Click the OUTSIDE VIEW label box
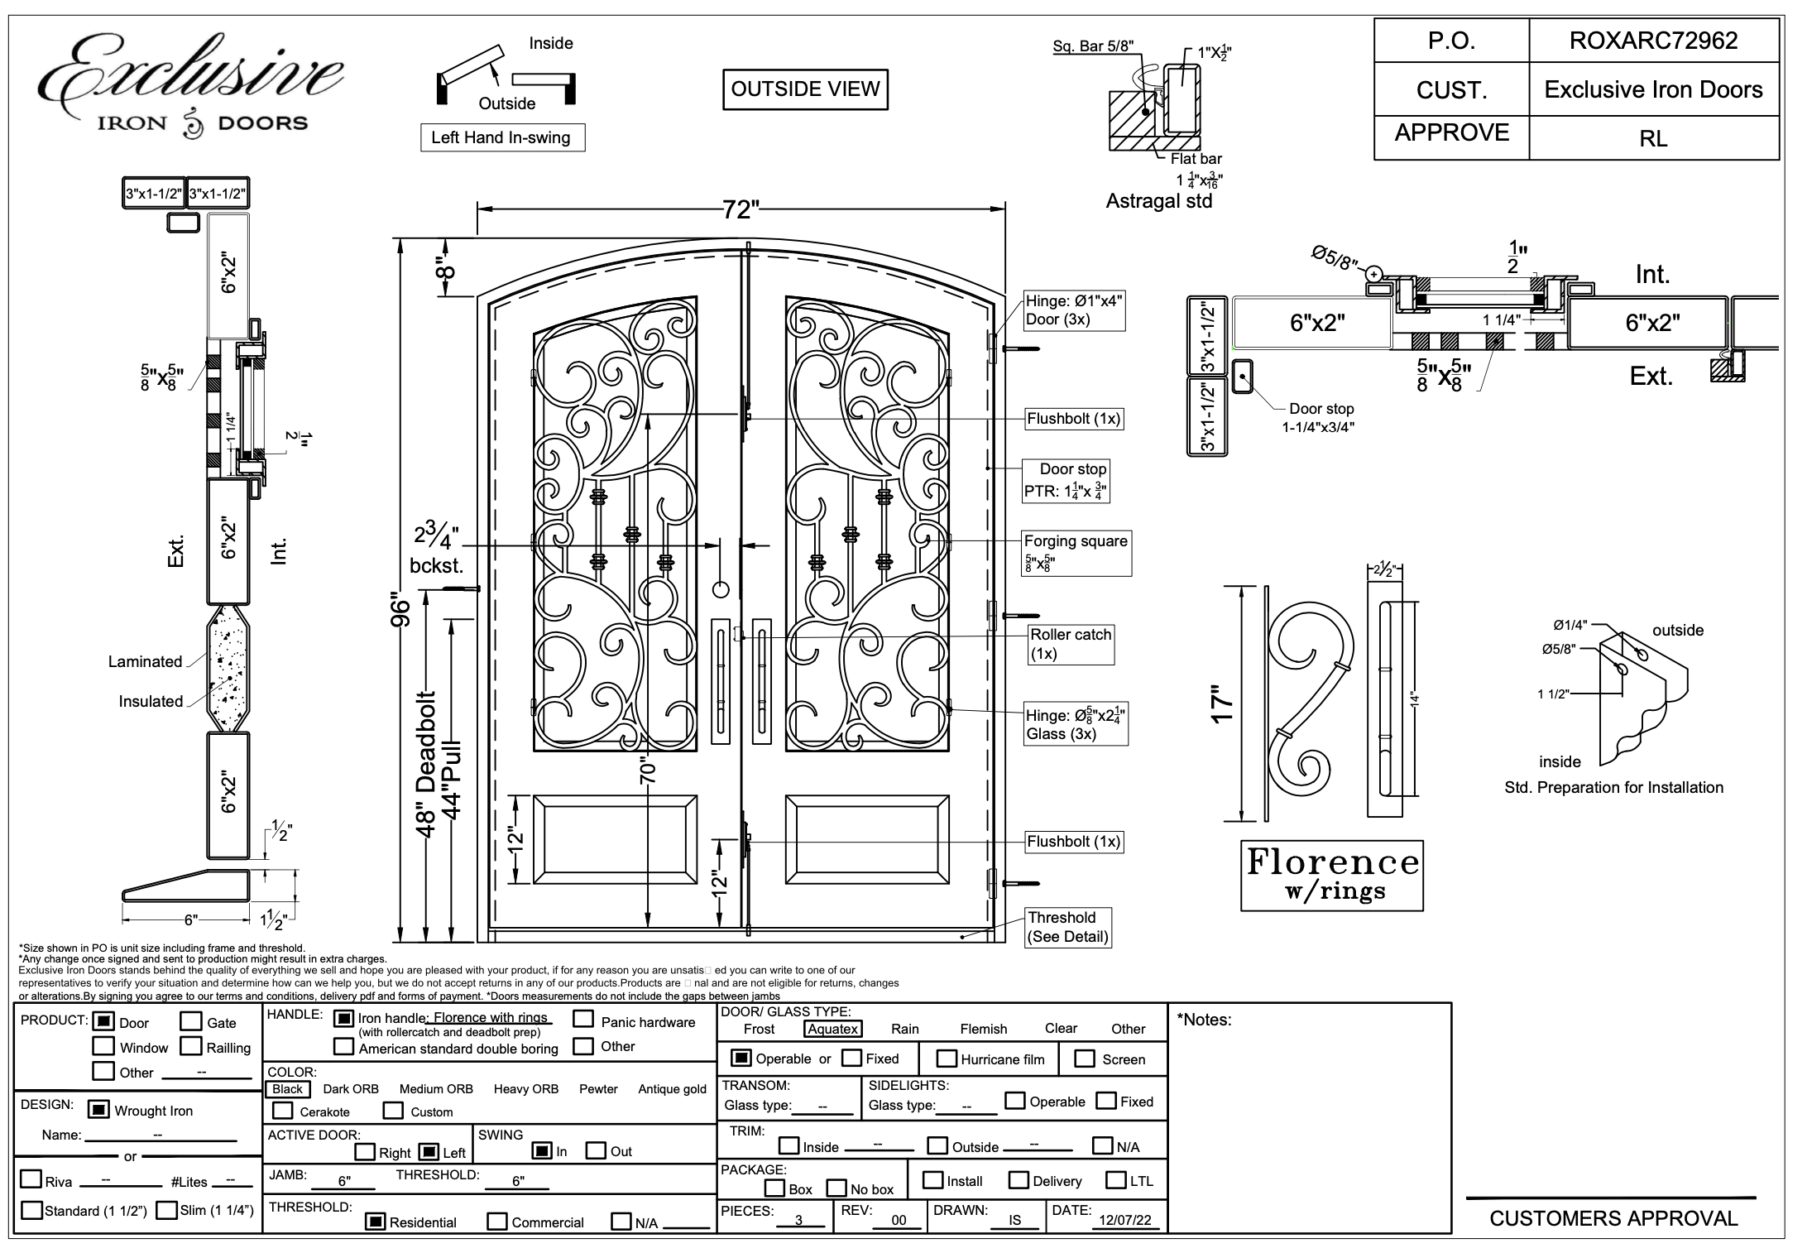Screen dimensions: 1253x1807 pyautogui.click(x=805, y=89)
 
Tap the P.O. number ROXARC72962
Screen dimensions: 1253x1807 pyautogui.click(x=1653, y=41)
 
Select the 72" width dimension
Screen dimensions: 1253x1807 pyautogui.click(x=740, y=209)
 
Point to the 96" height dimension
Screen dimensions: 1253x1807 pyautogui.click(x=400, y=611)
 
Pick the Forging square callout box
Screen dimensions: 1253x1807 pyautogui.click(x=1076, y=552)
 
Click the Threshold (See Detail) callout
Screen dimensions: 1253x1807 pyautogui.click(x=1067, y=927)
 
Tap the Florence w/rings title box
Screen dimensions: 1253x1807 pyautogui.click(x=1331, y=875)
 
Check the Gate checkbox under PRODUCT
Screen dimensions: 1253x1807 pyautogui.click(x=191, y=1022)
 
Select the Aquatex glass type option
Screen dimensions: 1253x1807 pyautogui.click(x=832, y=1029)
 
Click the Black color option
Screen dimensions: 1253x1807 pyautogui.click(x=287, y=1089)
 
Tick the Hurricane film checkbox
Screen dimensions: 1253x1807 pyautogui.click(x=946, y=1059)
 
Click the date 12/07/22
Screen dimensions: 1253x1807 pyautogui.click(x=1124, y=1221)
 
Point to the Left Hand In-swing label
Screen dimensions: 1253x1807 pyautogui.click(x=501, y=137)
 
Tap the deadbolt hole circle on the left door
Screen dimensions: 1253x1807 pyautogui.click(x=721, y=589)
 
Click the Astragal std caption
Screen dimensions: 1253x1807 pyautogui.click(x=1158, y=201)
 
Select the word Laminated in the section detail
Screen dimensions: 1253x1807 pyautogui.click(x=145, y=661)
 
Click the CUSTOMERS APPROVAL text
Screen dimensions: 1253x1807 pyautogui.click(x=1613, y=1218)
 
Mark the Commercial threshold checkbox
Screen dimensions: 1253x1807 pyautogui.click(x=497, y=1222)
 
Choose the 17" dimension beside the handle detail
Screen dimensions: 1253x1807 pyautogui.click(x=1223, y=703)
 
